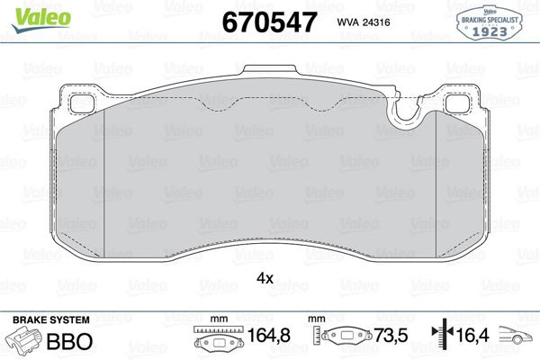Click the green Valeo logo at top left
coord(27,11)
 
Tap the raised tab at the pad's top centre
coord(271,72)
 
